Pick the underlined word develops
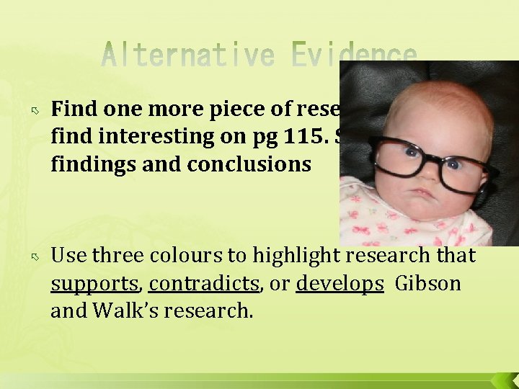click(340, 284)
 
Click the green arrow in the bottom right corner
click(503, 380)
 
